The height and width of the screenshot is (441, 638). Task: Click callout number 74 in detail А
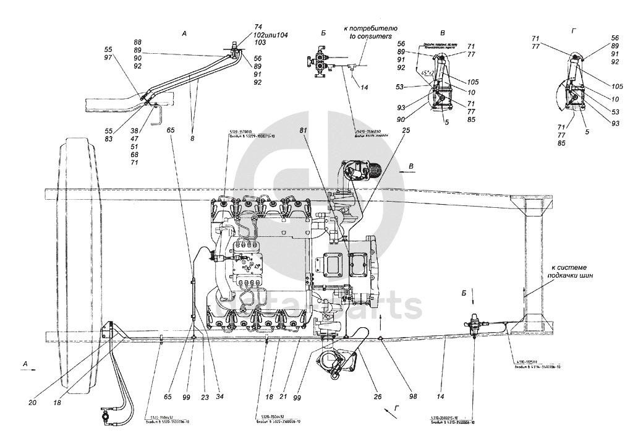click(x=241, y=27)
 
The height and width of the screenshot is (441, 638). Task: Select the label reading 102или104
click(x=253, y=35)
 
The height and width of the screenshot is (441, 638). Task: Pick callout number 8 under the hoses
click(x=192, y=140)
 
